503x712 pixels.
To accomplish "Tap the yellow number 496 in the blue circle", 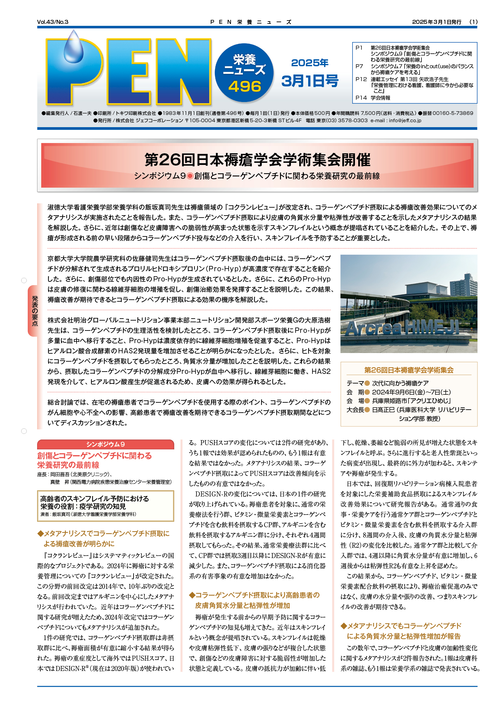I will (x=245, y=87).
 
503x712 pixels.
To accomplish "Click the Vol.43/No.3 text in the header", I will (x=53, y=22).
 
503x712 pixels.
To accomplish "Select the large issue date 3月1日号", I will (x=310, y=81).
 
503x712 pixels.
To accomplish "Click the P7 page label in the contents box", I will (x=359, y=66).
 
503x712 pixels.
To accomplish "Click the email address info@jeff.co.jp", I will (x=405, y=121).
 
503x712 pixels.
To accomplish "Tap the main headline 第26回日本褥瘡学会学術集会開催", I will (x=257, y=160).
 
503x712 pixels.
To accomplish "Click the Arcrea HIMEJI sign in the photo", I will (x=402, y=328).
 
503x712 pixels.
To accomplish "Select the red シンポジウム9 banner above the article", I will (x=105, y=444).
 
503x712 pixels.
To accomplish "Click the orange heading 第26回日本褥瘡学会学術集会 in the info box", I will (x=409, y=370).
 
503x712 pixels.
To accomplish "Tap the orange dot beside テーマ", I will (x=367, y=383).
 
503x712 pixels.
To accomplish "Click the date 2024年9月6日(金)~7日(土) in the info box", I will (x=411, y=392).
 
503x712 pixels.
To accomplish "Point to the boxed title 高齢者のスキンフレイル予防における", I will (x=95, y=499).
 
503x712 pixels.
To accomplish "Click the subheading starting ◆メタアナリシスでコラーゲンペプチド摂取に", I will (x=104, y=534).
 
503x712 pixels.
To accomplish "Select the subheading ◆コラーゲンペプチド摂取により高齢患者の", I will (x=254, y=595).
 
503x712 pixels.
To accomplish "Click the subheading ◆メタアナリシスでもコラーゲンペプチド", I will (x=401, y=626).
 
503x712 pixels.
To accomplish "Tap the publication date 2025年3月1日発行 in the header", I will (x=436, y=22).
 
